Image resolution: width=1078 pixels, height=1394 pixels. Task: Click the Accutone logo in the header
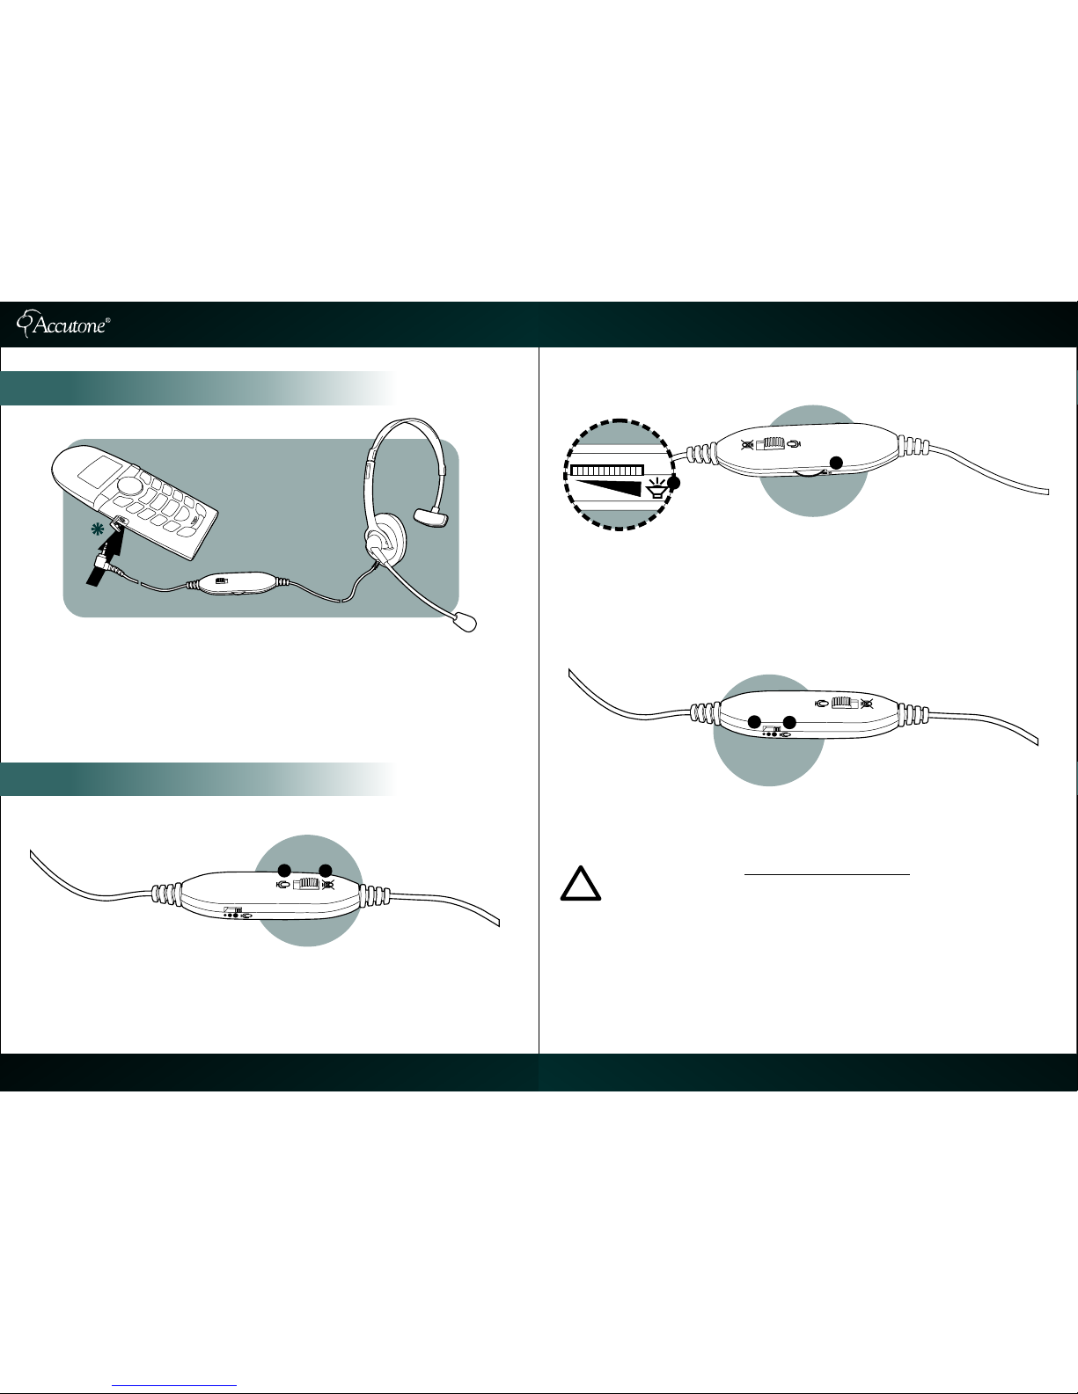[x=62, y=324]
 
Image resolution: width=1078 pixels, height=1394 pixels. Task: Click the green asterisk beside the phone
[x=97, y=529]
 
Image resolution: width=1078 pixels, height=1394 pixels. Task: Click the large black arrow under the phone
[x=106, y=560]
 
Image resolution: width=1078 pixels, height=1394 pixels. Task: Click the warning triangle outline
[x=581, y=883]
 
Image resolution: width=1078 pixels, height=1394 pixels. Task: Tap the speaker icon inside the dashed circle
[x=656, y=490]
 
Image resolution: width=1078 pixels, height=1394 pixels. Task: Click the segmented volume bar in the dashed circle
[x=606, y=471]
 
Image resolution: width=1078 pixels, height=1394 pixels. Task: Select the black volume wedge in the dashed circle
[x=606, y=489]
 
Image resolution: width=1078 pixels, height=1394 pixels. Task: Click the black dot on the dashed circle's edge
[x=673, y=483]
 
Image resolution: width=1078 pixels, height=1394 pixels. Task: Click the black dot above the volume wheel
[x=836, y=462]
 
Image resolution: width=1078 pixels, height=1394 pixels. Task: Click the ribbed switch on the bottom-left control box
[x=306, y=885]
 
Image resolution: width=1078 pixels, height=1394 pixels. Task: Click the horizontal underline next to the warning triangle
[x=827, y=873]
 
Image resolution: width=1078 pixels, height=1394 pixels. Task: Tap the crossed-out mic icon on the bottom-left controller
[x=328, y=886]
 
